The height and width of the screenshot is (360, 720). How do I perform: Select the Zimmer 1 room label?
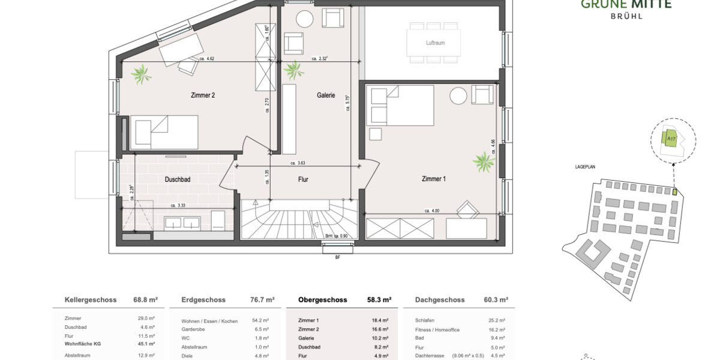coord(434,178)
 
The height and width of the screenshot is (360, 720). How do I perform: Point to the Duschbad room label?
coord(178,179)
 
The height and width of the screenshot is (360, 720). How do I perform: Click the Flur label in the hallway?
coord(303,179)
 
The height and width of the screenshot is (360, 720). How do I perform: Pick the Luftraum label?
coord(434,43)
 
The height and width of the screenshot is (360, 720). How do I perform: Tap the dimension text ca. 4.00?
coord(432,211)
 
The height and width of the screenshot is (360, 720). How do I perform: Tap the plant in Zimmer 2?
coord(143,74)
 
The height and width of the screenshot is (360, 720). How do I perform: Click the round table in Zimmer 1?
coord(459,96)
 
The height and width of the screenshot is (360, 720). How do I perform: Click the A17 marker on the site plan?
coord(671,139)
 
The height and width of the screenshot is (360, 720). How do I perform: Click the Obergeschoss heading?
coord(323,300)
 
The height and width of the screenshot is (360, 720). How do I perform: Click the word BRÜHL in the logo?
coord(626,16)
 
